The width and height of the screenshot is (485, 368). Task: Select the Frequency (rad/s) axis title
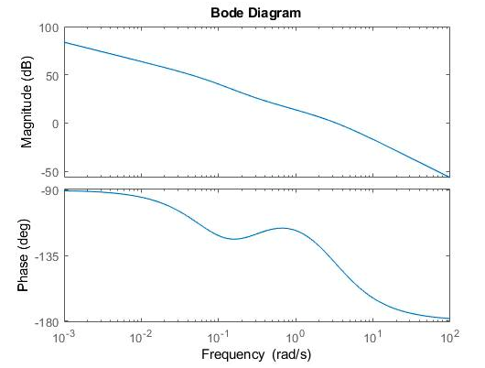[257, 353]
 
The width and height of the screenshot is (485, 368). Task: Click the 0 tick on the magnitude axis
[55, 124]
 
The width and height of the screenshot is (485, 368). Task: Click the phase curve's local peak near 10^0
[282, 228]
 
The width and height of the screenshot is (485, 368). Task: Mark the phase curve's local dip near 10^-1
[234, 239]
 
